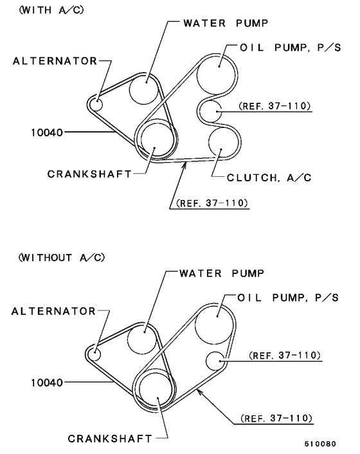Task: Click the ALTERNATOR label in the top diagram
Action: [x=55, y=61]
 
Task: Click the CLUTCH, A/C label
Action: [x=269, y=177]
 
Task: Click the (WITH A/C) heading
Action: [x=51, y=10]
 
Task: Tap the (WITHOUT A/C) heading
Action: [x=62, y=257]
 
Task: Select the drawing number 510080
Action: [x=320, y=444]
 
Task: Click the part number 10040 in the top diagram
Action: [x=47, y=132]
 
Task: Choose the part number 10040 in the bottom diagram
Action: [x=47, y=383]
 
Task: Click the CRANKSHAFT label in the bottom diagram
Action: [x=110, y=439]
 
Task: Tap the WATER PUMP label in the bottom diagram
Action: [x=222, y=273]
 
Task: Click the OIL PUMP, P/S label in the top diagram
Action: [x=291, y=48]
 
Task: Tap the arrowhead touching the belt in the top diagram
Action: [x=184, y=165]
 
